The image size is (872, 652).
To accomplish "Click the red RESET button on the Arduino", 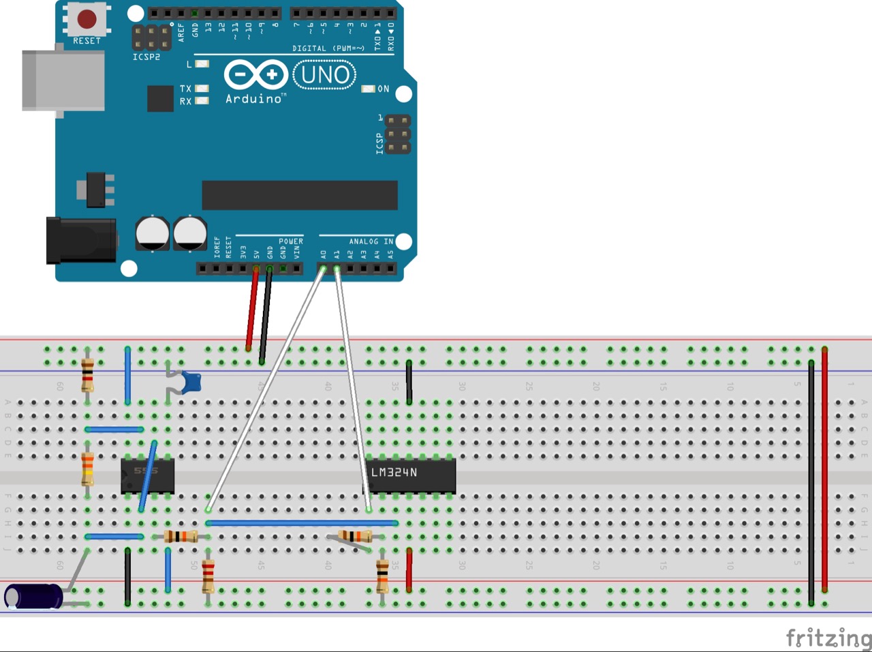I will coord(87,19).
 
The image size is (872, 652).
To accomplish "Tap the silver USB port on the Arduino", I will coord(63,79).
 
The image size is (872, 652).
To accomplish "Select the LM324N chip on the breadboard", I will coord(411,474).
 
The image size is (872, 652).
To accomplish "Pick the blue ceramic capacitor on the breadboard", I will coord(191,383).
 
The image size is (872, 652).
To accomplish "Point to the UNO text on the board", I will coord(325,74).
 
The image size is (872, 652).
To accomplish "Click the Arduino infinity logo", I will coord(255,74).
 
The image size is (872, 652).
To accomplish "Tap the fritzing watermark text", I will coord(828,638).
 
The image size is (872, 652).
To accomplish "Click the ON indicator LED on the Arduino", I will coord(369,89).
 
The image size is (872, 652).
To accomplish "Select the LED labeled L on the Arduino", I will coord(202,64).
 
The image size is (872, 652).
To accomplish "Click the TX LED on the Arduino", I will coord(202,89).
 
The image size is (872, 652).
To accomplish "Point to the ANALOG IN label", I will coord(371,241).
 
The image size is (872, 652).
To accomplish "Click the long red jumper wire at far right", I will coord(824,471).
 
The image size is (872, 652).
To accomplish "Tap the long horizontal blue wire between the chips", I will coord(302,523).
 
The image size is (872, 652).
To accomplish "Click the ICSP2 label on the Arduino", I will coord(146,57).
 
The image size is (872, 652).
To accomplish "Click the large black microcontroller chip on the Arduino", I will coord(300,195).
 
